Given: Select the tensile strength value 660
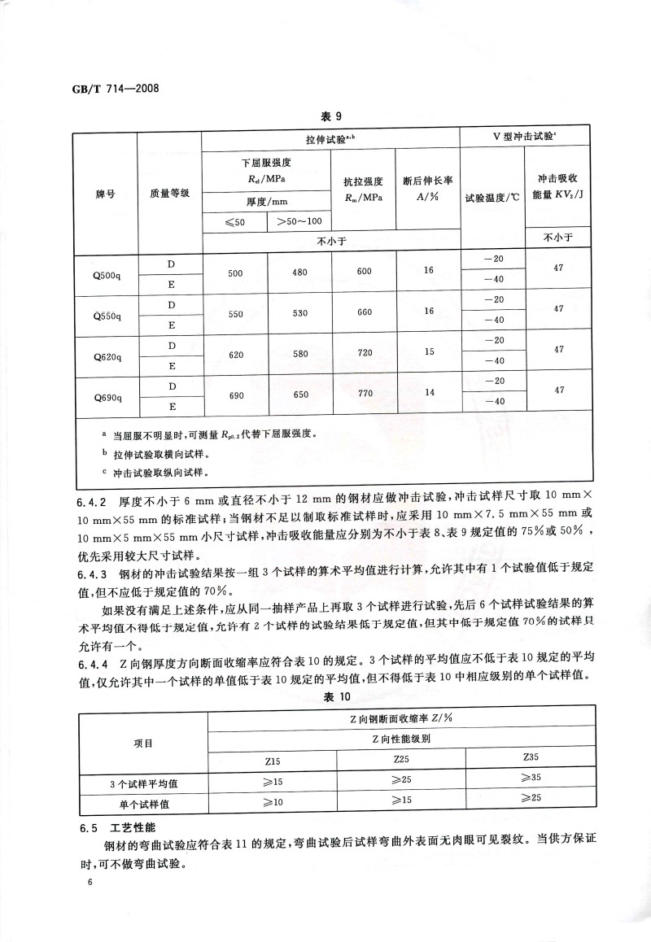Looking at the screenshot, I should tap(364, 313).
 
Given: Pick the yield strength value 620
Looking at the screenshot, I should tap(235, 355).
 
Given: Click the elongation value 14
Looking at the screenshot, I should tap(429, 394).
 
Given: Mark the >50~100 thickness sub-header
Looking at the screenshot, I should tap(299, 221).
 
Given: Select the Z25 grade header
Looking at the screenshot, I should tap(400, 759).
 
